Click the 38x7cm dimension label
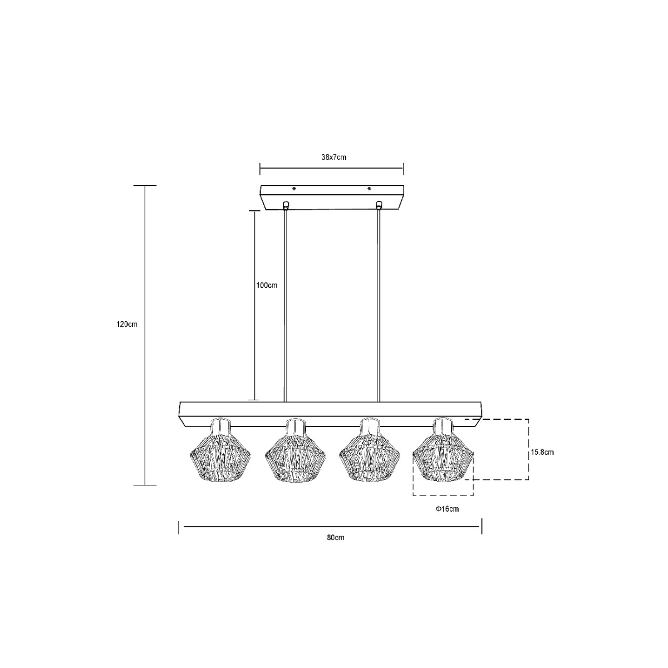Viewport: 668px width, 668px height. click(x=333, y=157)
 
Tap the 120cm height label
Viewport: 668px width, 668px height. click(x=127, y=325)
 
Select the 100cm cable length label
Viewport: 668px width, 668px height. click(x=267, y=286)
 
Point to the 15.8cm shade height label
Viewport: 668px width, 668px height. click(x=542, y=452)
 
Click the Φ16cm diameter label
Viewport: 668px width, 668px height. click(x=447, y=509)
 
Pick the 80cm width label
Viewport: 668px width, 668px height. click(x=336, y=538)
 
